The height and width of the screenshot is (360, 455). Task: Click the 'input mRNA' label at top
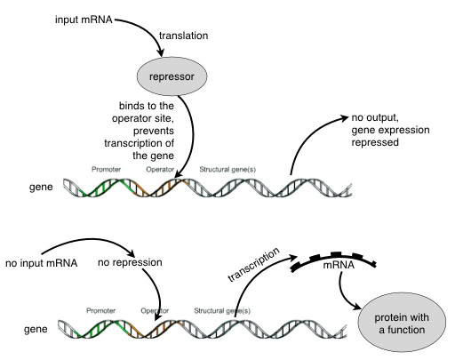tap(84, 20)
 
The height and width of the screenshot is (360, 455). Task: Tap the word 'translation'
tap(184, 36)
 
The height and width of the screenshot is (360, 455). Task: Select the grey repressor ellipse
tap(172, 76)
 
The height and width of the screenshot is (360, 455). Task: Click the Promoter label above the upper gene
tap(106, 170)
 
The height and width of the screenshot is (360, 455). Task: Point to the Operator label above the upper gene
tap(160, 170)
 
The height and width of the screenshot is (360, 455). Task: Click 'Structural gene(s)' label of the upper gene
tap(227, 170)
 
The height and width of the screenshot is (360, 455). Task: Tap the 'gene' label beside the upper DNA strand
tap(41, 188)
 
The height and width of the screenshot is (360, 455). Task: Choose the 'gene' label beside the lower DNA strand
tap(36, 329)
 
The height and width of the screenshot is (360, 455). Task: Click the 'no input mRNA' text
tap(42, 263)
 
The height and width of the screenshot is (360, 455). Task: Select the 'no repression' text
tap(130, 262)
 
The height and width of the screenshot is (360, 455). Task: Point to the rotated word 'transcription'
tap(253, 265)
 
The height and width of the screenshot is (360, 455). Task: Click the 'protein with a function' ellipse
tap(402, 323)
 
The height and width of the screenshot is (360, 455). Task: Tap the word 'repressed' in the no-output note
tap(375, 142)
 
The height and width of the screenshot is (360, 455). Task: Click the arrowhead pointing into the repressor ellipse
tap(161, 52)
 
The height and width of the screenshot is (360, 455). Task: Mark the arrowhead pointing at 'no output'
tap(345, 118)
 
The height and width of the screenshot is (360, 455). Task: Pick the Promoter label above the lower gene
tap(100, 311)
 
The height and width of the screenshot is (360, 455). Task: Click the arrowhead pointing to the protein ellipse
tap(356, 307)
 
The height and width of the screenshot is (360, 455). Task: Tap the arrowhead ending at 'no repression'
tap(131, 253)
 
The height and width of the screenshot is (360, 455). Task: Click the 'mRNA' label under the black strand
tap(339, 265)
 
